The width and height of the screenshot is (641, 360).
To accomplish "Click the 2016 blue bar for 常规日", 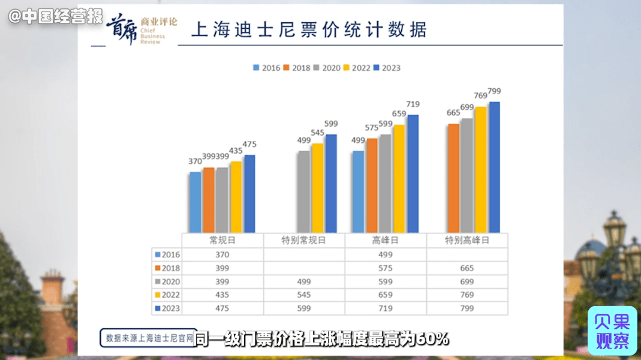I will point(195,202).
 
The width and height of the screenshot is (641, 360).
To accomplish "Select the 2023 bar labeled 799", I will point(494,167).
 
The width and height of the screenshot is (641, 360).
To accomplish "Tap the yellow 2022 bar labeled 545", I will point(317,188).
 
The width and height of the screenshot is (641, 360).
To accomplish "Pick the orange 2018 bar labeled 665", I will point(453,178).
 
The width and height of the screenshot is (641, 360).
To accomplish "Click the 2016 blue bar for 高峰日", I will point(358,191).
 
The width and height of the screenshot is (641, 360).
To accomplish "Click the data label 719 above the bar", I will point(413,104).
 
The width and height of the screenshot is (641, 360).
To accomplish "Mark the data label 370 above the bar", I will point(195,161).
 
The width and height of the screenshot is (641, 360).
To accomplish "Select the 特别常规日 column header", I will point(304,240).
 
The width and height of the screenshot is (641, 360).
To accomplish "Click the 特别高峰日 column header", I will point(467,240).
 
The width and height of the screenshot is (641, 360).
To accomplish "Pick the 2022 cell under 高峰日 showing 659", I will point(386,295).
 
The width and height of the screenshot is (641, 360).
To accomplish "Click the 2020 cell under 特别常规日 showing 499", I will point(304,281).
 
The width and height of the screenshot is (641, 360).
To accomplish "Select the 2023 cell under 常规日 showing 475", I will point(222,308).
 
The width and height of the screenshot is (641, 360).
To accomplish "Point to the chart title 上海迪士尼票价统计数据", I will point(309,30).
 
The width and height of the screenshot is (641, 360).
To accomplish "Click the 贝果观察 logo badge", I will point(612,331).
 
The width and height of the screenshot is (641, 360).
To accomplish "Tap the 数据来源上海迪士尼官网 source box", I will point(149,338).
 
